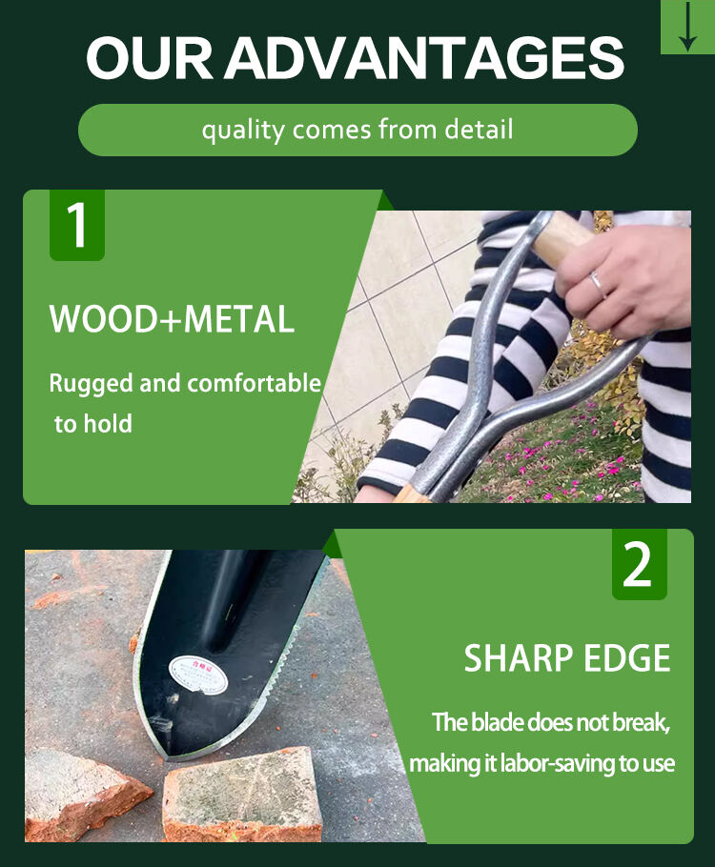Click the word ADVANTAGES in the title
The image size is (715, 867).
tap(424, 59)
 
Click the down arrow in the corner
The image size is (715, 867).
tap(687, 26)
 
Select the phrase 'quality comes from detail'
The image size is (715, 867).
tap(357, 130)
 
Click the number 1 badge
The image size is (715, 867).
tap(76, 225)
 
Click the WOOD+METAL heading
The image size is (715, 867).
tap(172, 320)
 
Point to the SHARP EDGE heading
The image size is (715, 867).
tap(567, 659)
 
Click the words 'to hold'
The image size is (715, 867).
tap(92, 424)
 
